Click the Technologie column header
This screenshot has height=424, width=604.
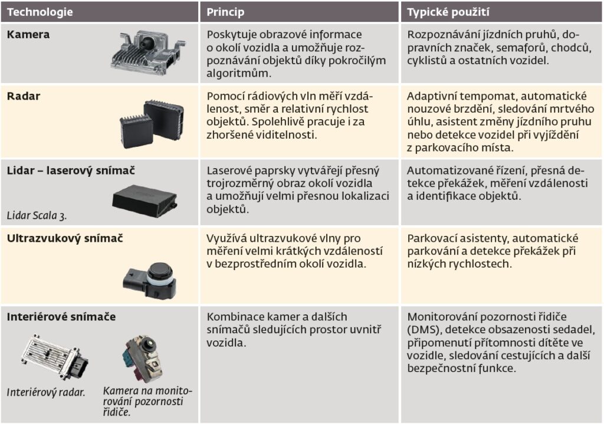40,12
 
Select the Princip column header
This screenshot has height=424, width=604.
225,12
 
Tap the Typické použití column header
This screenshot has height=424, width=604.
448,12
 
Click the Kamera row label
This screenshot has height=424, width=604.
28,35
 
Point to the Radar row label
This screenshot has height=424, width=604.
24,96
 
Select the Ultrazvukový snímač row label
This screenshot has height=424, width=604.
65,238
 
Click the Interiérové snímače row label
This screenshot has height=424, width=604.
61,317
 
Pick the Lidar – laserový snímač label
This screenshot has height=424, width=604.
71,170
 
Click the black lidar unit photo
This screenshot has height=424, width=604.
145,201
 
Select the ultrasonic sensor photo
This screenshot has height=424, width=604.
150,280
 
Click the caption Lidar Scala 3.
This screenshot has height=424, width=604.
37,216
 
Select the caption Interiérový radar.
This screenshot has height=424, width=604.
46,392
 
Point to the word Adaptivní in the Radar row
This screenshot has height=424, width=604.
431,97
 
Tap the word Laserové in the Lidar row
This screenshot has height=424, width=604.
229,170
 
